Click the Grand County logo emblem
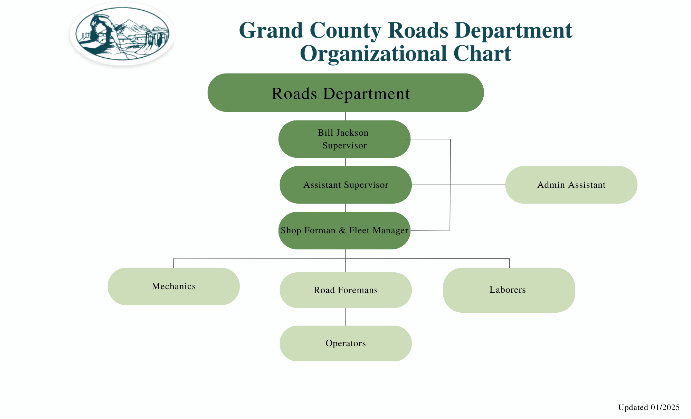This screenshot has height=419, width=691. [122, 34]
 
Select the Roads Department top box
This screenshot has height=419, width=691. [345, 92]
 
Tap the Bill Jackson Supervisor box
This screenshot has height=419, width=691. [344, 139]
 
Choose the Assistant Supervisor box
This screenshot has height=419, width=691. [346, 185]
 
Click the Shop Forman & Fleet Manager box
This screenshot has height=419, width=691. [344, 231]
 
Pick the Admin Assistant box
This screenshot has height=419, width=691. [571, 185]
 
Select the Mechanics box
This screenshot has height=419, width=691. [174, 286]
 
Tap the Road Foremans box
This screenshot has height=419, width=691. [346, 290]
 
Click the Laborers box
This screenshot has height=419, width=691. [509, 290]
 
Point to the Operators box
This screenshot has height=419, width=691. [346, 343]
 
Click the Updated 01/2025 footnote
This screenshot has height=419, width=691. [649, 408]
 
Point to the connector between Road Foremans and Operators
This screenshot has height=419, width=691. [346, 317]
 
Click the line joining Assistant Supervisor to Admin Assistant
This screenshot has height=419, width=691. [458, 185]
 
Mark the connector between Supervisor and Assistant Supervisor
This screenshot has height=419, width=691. [346, 162]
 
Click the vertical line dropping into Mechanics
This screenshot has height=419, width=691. [174, 263]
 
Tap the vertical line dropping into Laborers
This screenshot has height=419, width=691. [509, 263]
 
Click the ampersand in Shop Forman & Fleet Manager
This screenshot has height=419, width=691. [342, 230]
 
